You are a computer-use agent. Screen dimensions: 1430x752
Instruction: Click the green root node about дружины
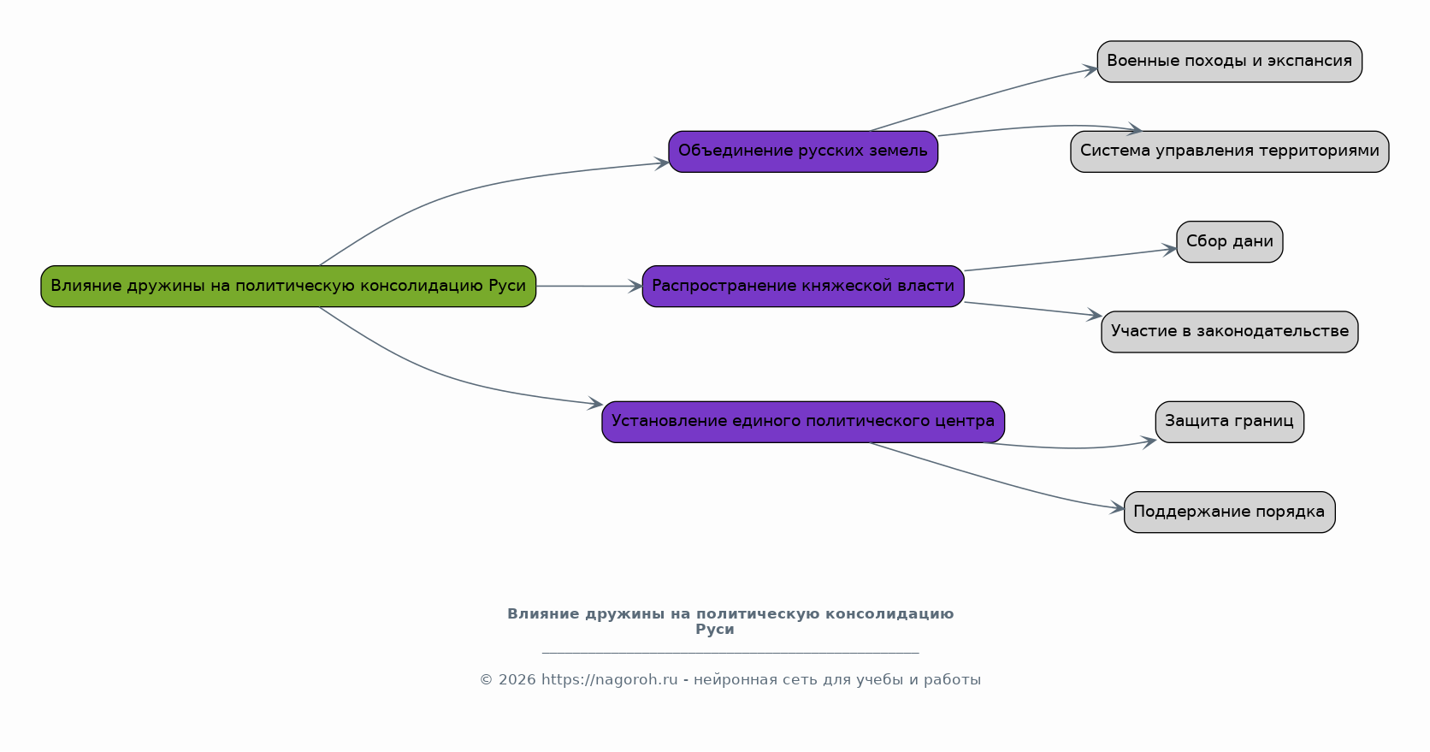(x=288, y=286)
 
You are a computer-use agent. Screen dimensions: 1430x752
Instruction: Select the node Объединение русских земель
(x=803, y=151)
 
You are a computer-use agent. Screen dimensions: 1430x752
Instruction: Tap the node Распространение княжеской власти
(x=803, y=286)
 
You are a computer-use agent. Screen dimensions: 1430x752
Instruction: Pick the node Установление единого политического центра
(x=803, y=421)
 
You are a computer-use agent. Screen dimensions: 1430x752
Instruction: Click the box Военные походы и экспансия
(x=1230, y=62)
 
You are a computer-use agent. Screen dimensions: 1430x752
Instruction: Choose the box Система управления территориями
(x=1230, y=151)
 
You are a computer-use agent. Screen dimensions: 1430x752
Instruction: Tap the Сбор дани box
(x=1230, y=241)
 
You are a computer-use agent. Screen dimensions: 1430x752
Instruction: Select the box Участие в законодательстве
(x=1230, y=331)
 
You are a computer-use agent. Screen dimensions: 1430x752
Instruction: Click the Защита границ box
(x=1230, y=421)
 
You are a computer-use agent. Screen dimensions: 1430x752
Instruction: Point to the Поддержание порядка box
(x=1230, y=512)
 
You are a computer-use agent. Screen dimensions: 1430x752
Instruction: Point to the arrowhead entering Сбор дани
(x=1169, y=250)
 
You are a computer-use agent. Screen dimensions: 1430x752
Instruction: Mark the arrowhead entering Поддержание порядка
(x=1117, y=508)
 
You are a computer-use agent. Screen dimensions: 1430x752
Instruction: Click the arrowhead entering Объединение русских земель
(x=661, y=163)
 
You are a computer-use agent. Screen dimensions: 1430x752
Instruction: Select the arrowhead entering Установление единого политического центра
(x=595, y=404)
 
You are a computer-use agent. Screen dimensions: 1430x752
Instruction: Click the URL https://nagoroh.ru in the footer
(x=609, y=680)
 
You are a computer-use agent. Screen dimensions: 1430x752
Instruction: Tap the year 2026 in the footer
(x=517, y=680)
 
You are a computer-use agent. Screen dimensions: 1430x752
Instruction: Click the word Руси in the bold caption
(x=715, y=630)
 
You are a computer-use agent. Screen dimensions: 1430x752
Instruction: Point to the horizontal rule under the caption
(x=730, y=653)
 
